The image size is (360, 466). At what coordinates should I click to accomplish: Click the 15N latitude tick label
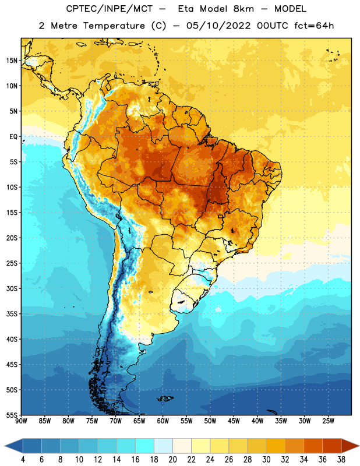[x=12, y=61]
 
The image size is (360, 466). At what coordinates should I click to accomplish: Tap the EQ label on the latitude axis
[x=13, y=137]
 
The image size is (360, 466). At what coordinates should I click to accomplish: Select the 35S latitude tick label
[x=12, y=314]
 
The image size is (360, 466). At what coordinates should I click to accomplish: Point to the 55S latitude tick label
[x=12, y=415]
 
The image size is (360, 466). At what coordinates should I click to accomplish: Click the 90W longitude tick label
[x=21, y=421]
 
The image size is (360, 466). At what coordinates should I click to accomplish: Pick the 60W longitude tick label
[x=163, y=421]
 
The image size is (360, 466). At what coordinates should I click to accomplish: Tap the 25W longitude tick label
[x=328, y=421]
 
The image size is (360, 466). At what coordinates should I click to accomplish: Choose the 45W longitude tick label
[x=234, y=421]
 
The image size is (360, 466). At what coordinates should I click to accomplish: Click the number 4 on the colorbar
[x=23, y=460]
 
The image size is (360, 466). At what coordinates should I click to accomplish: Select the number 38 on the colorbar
[x=341, y=460]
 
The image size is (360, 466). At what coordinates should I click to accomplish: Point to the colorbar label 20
[x=172, y=460]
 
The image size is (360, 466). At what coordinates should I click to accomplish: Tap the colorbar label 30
[x=266, y=460]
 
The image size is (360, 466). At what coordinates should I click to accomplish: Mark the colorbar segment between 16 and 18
[x=145, y=446]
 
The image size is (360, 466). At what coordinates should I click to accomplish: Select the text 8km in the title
[x=243, y=9]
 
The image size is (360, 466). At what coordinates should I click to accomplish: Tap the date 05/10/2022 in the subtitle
[x=218, y=26]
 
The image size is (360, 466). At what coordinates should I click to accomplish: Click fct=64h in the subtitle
[x=314, y=26]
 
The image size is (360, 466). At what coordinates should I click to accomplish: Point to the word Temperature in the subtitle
[x=114, y=26]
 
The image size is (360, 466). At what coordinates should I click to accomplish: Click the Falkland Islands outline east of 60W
[x=165, y=398]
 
